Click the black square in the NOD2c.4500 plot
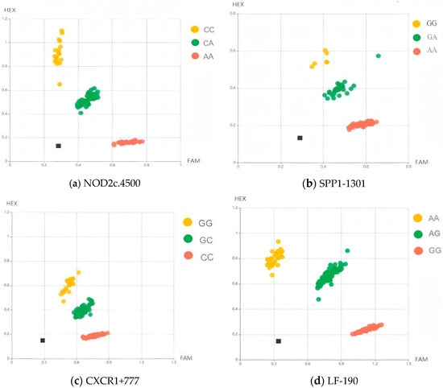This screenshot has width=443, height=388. (x=59, y=146)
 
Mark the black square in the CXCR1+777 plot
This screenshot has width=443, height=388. (x=43, y=341)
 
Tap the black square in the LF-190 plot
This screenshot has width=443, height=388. (x=279, y=341)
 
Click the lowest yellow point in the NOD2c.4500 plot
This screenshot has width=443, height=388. (x=60, y=84)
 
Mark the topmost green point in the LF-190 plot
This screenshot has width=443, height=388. (x=348, y=250)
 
